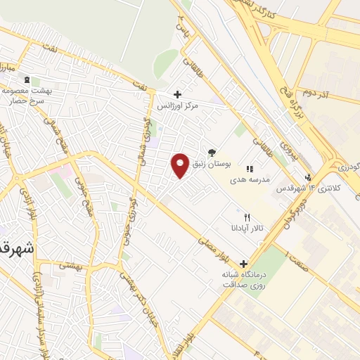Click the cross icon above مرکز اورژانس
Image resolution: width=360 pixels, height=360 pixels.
177,94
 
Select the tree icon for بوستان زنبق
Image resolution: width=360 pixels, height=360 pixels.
212,152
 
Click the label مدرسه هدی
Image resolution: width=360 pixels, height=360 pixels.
250,180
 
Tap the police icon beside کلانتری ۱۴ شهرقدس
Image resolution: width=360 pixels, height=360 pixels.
308,177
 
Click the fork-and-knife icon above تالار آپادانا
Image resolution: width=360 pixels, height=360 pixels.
246,217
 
